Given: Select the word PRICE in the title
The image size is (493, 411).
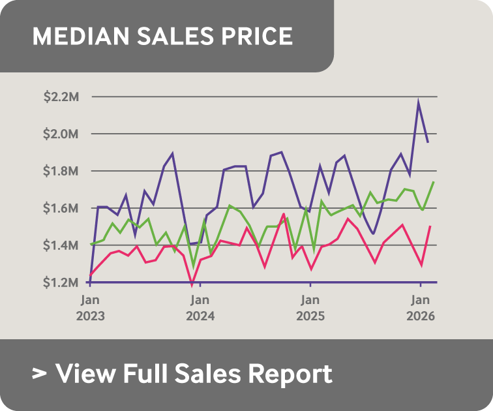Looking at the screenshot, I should coord(257,36).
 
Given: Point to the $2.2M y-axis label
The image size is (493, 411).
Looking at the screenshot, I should coord(61,97).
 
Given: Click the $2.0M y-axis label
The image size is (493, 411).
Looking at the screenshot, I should coord(61,134).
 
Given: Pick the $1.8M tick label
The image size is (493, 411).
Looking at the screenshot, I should coord(61,171).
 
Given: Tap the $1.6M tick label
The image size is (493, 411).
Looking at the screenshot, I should coord(61,208).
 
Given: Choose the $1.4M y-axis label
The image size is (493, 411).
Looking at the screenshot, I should coord(61,245).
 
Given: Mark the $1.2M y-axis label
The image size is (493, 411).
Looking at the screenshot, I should coord(61,282).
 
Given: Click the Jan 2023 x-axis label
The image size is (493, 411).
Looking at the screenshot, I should coord(91,307).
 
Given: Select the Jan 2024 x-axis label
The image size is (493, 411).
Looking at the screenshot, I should coord(201,307).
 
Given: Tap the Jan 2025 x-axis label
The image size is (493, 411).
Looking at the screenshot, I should coord(310,307).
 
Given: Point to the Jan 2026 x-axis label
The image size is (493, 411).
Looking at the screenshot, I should coord(421,307).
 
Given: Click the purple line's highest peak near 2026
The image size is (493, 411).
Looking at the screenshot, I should coord(418,102).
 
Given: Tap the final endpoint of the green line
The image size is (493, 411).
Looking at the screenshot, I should coord(434,182).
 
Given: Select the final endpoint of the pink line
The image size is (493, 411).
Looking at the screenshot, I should coord(430,226).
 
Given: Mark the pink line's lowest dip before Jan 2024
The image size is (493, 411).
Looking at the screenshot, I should coord(192,284).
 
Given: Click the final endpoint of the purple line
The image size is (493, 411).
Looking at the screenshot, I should coord(428,142).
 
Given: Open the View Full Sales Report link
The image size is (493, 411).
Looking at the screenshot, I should coord(194,374).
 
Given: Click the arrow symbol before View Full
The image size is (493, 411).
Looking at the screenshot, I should coord(40,374).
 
